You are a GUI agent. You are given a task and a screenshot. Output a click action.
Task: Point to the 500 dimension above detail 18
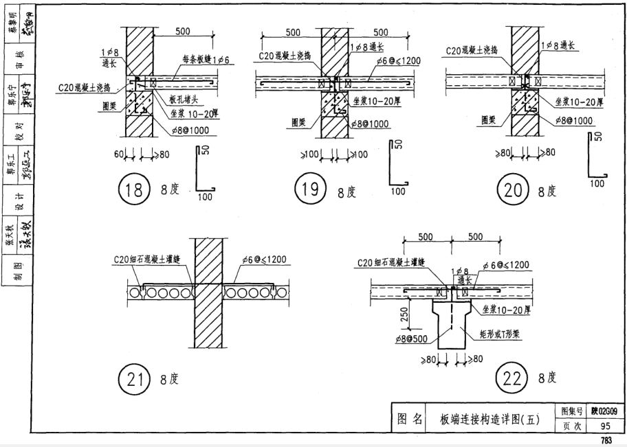tap(182, 32)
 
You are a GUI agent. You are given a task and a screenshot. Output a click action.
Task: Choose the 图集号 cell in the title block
tap(573, 411)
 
